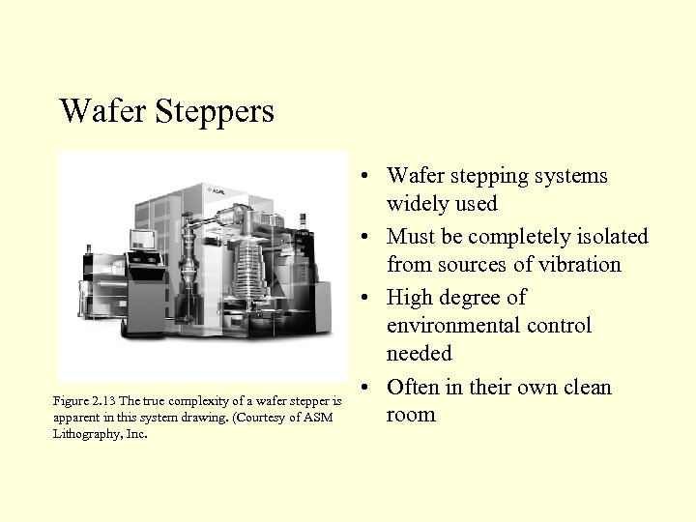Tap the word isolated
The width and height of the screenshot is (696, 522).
[x=613, y=237]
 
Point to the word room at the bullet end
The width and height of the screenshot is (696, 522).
[x=411, y=415]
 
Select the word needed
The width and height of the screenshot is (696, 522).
[x=419, y=354]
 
